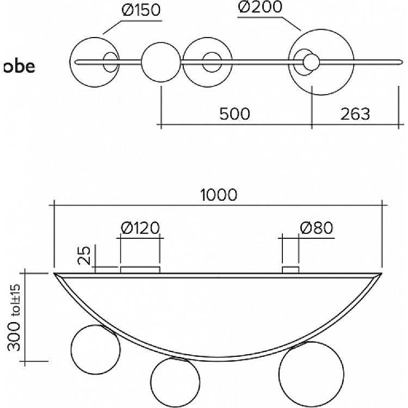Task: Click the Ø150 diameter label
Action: click(141, 10)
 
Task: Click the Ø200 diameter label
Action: click(260, 7)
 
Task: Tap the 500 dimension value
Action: click(234, 114)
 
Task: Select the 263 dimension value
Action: click(355, 114)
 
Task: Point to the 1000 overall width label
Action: click(219, 195)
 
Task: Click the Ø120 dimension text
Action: click(140, 228)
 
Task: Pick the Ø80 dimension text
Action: click(317, 228)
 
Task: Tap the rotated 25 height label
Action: click(84, 255)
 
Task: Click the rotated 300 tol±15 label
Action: click(14, 318)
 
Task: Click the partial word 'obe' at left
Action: click(19, 66)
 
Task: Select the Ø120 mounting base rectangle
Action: click(140, 270)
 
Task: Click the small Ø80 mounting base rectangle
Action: click(290, 270)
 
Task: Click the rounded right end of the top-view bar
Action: click(402, 62)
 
